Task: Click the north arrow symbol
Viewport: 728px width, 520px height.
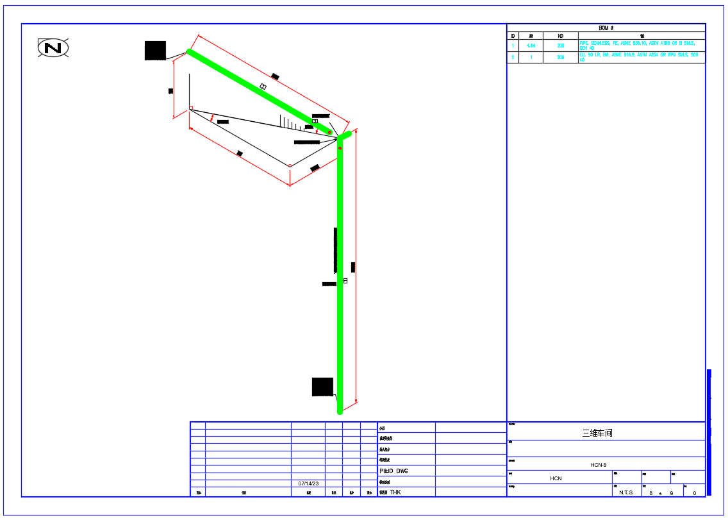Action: point(53,48)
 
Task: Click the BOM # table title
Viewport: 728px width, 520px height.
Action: point(606,28)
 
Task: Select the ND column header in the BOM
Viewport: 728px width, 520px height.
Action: point(560,36)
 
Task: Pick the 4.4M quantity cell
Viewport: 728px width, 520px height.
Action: point(531,46)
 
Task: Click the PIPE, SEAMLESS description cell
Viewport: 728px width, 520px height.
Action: point(641,46)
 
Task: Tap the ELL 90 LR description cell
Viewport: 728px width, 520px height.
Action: point(641,57)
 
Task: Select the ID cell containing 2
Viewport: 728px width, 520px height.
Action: point(513,58)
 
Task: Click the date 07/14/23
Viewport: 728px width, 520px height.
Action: point(308,483)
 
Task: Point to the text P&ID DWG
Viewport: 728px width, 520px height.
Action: point(393,471)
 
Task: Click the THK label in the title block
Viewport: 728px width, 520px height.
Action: point(395,492)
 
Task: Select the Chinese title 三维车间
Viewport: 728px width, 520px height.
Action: point(597,433)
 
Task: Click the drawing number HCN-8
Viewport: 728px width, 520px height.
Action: point(598,465)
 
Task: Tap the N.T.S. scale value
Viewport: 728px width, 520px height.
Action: point(626,492)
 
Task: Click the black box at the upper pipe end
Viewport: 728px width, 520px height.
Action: point(155,51)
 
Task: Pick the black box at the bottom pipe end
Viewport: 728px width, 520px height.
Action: point(322,387)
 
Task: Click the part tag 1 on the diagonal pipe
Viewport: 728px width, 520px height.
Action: point(263,87)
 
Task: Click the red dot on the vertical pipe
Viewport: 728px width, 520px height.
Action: point(340,148)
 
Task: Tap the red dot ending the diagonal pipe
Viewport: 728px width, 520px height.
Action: point(330,132)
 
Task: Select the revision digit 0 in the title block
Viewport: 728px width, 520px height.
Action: point(695,492)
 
